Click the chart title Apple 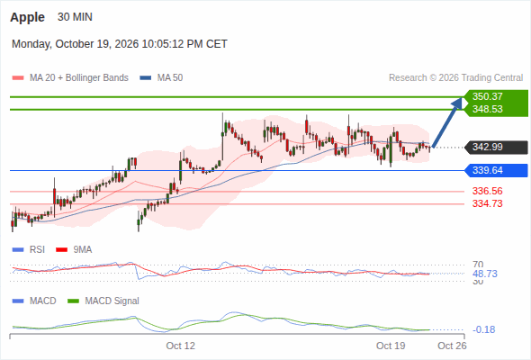click(27, 17)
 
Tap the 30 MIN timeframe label click(75, 17)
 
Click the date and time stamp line click(120, 44)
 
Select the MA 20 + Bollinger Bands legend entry click(70, 78)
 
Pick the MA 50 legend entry click(161, 78)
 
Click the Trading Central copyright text click(455, 78)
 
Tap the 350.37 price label click(487, 96)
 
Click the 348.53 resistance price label click(487, 109)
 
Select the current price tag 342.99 click(487, 147)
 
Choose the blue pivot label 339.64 click(487, 170)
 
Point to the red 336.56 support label click(487, 191)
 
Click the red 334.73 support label click(487, 203)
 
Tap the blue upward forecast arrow click(447, 122)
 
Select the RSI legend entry click(29, 249)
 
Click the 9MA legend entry click(74, 249)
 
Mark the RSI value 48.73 click(485, 274)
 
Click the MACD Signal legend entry click(103, 301)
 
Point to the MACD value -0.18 click(484, 329)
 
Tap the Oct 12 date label click(181, 346)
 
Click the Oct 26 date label click(452, 346)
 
